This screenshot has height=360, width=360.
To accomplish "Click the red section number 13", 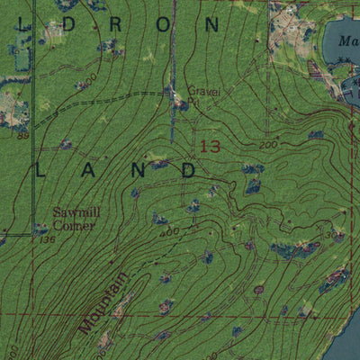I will click(x=211, y=146).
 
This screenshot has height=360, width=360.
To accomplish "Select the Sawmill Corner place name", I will click(x=73, y=219).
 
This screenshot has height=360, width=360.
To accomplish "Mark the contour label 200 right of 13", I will click(x=268, y=146).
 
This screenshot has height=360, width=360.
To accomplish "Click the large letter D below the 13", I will click(x=188, y=169).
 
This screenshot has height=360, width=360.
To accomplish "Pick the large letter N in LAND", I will click(x=139, y=169).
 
